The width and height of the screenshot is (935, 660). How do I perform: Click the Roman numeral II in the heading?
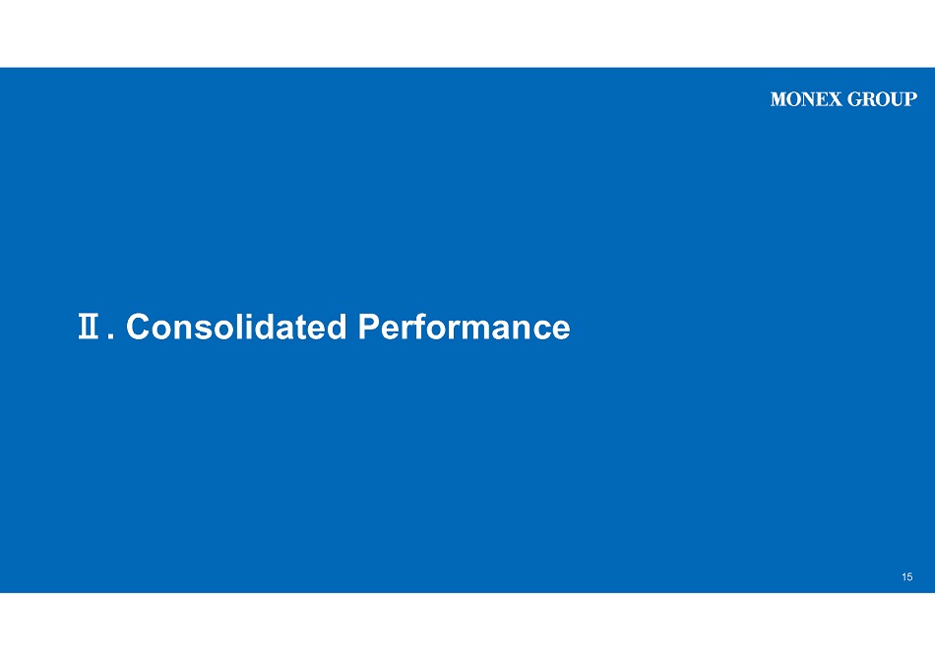89,327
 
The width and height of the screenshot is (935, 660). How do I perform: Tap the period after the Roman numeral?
111,336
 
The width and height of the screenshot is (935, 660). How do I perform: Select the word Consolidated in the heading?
236,327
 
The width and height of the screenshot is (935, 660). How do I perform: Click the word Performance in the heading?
464,327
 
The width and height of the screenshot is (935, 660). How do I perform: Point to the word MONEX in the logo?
806,99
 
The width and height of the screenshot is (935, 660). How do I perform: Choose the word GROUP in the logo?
883,99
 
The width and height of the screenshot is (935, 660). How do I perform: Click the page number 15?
907,576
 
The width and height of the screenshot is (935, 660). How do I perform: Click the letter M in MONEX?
779,99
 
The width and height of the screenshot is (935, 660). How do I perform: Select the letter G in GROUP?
854,99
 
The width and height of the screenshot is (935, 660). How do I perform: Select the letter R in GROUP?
869,99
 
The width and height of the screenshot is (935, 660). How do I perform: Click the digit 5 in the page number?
910,576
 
